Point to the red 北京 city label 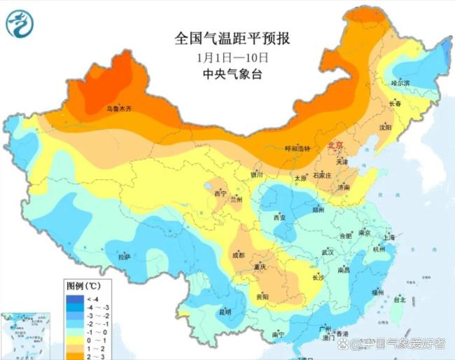click(x=337, y=146)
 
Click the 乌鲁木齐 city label click(x=118, y=109)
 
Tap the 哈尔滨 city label click(x=401, y=83)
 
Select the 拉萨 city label click(x=124, y=258)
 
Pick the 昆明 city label click(x=225, y=311)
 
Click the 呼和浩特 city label click(x=297, y=148)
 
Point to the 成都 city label click(x=237, y=255)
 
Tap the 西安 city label click(x=279, y=218)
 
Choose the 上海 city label click(x=389, y=238)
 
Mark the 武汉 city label click(x=327, y=251)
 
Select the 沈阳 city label click(x=405, y=127)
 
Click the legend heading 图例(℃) click(x=84, y=286)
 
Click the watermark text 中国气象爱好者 click(x=404, y=343)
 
